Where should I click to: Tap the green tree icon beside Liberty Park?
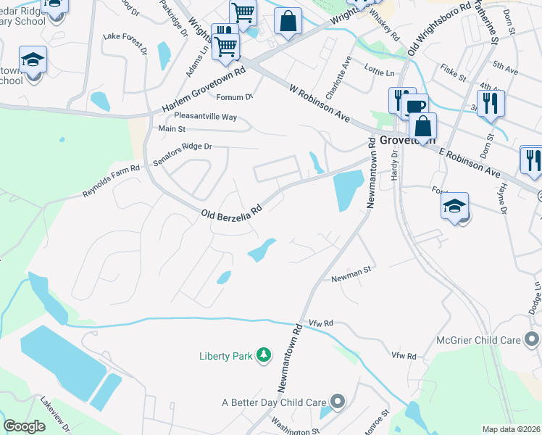point(265,355)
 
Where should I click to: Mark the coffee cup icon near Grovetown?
point(416,107)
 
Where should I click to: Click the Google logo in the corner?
point(24,426)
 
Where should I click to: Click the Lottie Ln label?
point(380,73)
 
